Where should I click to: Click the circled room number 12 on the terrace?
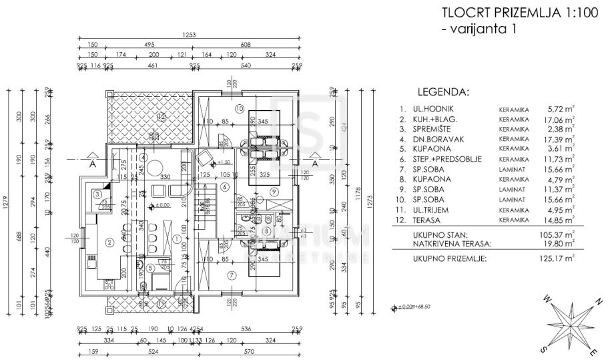(160, 116)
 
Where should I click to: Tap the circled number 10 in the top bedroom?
(239, 108)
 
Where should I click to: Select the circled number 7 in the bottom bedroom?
(232, 275)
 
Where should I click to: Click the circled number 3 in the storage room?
(97, 194)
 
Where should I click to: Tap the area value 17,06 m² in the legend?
(560, 120)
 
